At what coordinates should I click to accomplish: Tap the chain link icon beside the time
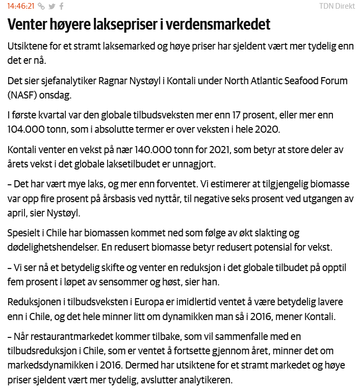[x=41, y=6]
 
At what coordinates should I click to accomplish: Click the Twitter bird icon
[x=52, y=6]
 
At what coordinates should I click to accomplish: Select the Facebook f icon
[x=61, y=6]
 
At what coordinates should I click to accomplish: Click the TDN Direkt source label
[x=337, y=6]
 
